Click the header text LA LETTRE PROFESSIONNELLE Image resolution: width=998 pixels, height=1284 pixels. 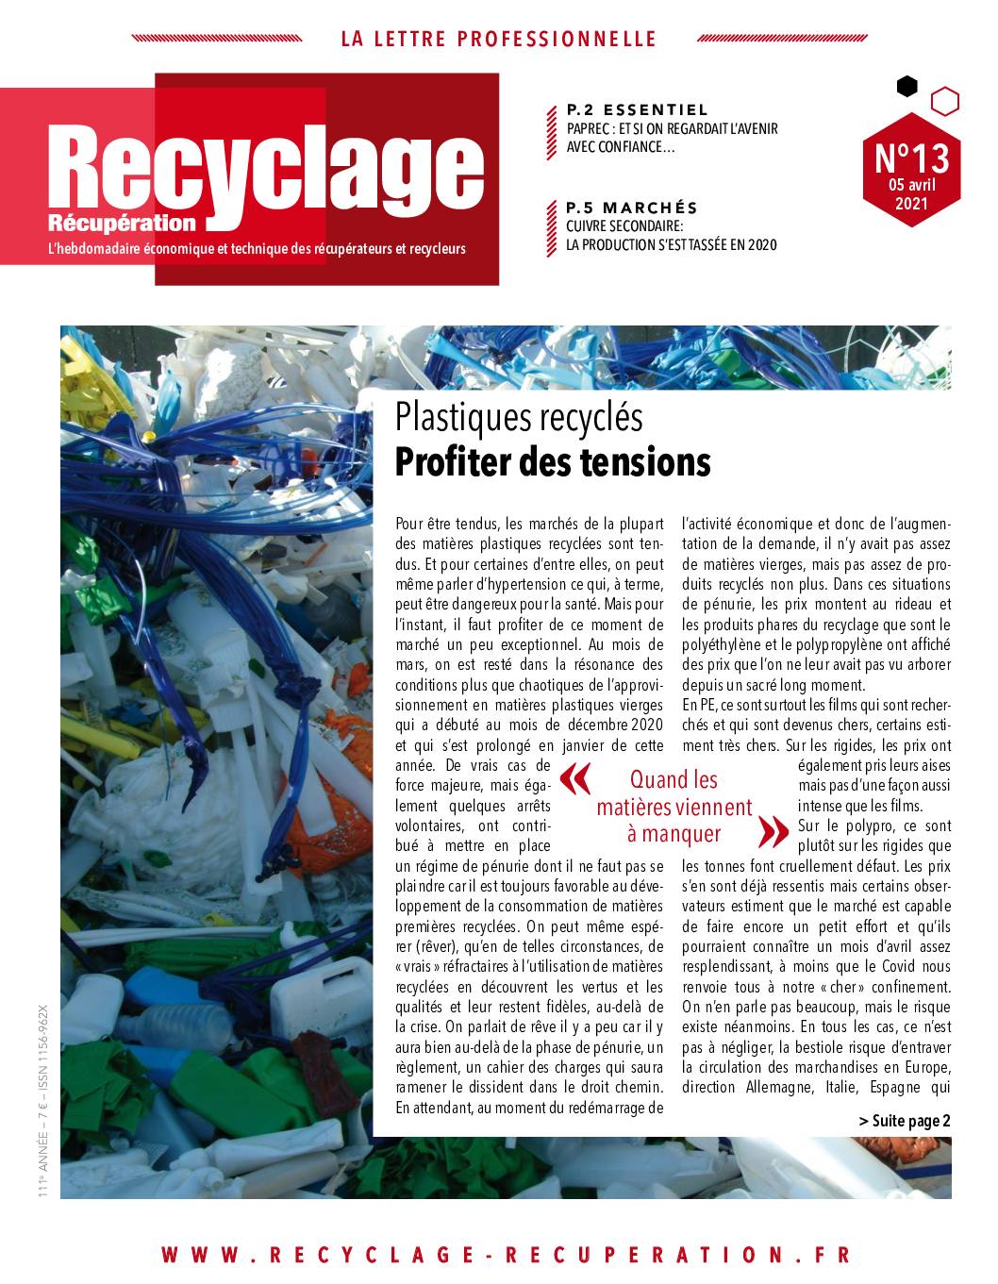498,40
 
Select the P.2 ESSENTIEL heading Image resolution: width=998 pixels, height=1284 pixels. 638,110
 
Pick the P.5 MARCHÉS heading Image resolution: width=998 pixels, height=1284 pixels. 631,208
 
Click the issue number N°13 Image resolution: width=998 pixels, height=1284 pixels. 911,156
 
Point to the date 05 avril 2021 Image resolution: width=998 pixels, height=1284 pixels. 911,193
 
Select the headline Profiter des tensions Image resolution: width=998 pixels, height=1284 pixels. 552,462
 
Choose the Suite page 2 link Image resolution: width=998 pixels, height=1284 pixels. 905,1121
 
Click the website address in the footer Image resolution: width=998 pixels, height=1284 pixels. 506,1255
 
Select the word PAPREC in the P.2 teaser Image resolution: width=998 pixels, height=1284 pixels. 590,129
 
